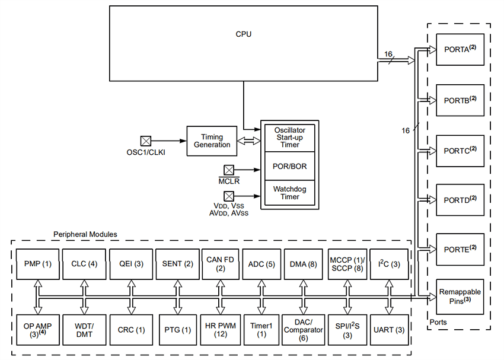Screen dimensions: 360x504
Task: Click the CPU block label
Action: coord(243,34)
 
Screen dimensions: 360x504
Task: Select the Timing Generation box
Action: coord(212,141)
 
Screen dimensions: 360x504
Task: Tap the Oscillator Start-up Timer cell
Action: coord(290,137)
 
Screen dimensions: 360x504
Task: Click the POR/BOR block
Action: coord(290,166)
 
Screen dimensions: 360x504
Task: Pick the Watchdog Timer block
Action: coord(290,193)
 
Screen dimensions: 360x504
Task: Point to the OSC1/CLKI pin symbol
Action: coord(145,141)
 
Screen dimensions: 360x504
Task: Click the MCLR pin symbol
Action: coord(228,170)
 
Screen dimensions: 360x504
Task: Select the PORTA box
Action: coord(460,50)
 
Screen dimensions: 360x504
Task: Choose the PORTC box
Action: coord(460,151)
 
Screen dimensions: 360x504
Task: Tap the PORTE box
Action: coord(460,250)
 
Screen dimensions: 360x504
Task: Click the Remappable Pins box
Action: coord(460,296)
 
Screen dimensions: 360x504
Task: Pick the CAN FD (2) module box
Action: coord(220,264)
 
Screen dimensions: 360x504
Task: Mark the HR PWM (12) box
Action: coord(220,330)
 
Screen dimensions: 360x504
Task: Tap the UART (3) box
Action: coord(389,330)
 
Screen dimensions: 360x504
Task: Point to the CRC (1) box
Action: coord(130,330)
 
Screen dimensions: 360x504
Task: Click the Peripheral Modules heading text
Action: coord(85,235)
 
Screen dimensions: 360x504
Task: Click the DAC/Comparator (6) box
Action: coord(304,330)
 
